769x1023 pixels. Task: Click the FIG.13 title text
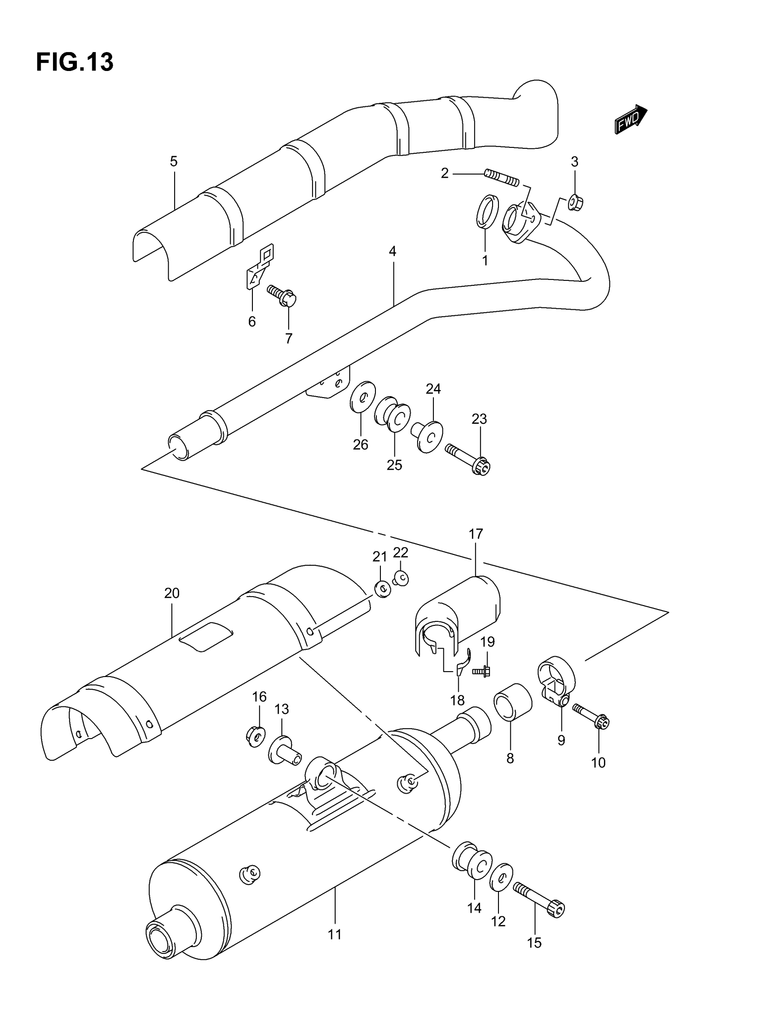coord(75,62)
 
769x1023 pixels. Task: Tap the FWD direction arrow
coord(631,119)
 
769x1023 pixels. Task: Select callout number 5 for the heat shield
coord(174,161)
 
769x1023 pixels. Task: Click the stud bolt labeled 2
coord(502,178)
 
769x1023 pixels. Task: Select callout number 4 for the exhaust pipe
coord(392,251)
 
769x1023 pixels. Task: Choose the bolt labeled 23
coord(467,458)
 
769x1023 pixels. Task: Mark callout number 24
coord(433,389)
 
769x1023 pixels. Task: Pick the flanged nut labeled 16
coord(256,734)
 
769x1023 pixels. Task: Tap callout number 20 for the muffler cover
coord(171,593)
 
